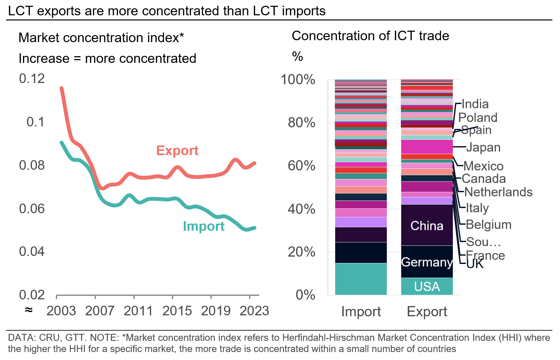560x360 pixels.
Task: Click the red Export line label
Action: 177,151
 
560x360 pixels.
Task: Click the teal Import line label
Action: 203,226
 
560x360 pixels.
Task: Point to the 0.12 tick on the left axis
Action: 32,79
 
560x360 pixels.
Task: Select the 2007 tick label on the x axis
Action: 99,311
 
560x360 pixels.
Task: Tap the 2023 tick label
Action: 254,311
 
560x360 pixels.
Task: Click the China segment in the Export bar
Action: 427,226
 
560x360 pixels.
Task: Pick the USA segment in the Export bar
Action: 427,287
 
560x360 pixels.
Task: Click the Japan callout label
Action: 483,147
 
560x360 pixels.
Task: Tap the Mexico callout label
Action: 483,166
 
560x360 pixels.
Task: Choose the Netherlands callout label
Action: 498,192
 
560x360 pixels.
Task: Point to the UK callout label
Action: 475,264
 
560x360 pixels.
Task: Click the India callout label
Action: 475,104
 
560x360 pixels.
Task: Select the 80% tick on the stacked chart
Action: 301,123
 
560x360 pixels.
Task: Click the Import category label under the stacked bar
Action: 361,311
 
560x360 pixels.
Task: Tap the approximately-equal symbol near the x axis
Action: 29,310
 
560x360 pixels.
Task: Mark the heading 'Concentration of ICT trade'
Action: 370,36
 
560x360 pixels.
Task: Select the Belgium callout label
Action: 488,225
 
